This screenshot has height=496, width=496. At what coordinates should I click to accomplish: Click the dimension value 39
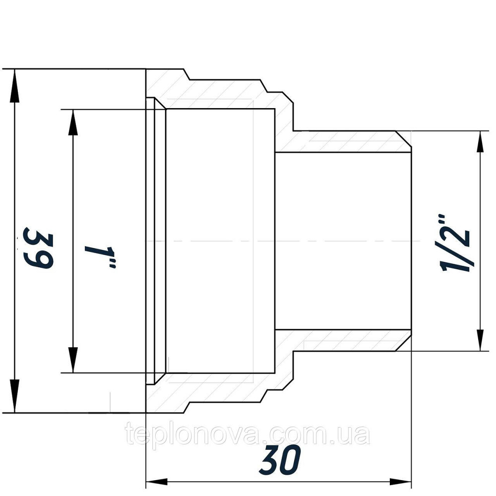pos(39,248)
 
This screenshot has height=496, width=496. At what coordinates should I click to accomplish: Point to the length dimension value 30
pos(280,461)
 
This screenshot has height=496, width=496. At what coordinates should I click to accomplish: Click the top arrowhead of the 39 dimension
pos(15,79)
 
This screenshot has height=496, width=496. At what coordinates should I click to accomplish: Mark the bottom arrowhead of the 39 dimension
pos(15,402)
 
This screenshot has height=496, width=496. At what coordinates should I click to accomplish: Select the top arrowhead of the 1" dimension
pos(73,120)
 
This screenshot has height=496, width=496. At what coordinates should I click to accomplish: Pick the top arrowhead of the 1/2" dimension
pos(480,141)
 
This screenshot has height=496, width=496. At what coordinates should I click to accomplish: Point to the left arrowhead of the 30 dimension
pos(156,482)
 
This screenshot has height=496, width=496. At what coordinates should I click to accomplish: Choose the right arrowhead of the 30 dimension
pos(402,482)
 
